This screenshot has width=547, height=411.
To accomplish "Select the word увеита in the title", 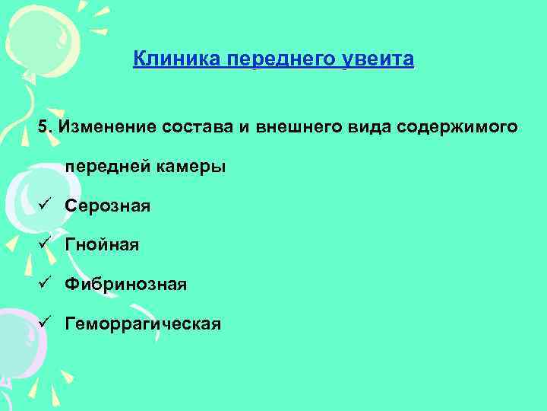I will click(381, 59).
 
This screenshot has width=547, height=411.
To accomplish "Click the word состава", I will click(199, 126).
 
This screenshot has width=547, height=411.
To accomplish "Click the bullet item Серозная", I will click(108, 206).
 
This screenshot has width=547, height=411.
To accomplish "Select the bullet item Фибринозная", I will click(125, 285).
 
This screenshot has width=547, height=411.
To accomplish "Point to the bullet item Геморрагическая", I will click(143, 324).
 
